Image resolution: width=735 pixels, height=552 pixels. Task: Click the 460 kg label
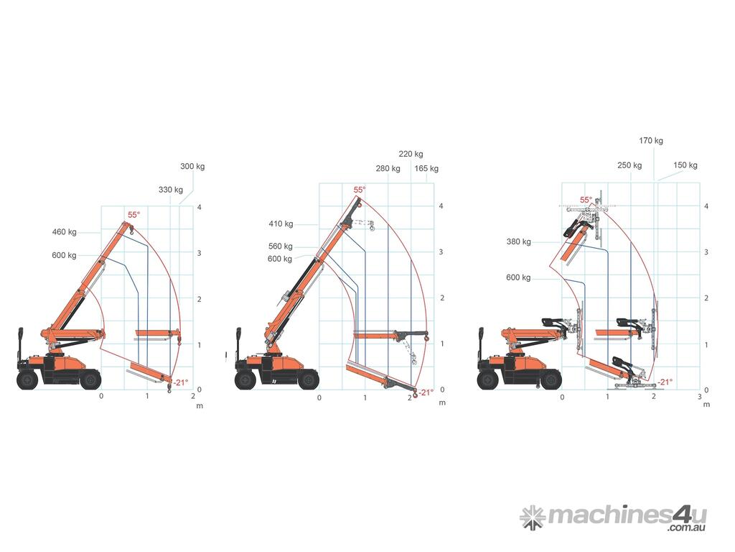click(x=64, y=232)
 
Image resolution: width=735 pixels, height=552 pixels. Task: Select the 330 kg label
click(x=171, y=190)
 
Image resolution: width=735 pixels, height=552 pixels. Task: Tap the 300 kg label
click(x=192, y=166)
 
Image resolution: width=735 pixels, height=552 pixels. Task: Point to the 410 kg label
click(x=281, y=224)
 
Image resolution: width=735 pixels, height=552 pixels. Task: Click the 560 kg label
click(x=281, y=246)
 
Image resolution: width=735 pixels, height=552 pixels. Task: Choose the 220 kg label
click(x=411, y=154)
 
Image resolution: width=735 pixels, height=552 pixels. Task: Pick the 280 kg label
click(x=388, y=168)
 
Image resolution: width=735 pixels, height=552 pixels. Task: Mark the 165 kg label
click(x=426, y=168)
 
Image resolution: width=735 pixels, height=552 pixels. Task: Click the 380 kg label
click(x=518, y=241)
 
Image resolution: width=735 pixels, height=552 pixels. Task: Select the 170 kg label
click(x=651, y=140)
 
